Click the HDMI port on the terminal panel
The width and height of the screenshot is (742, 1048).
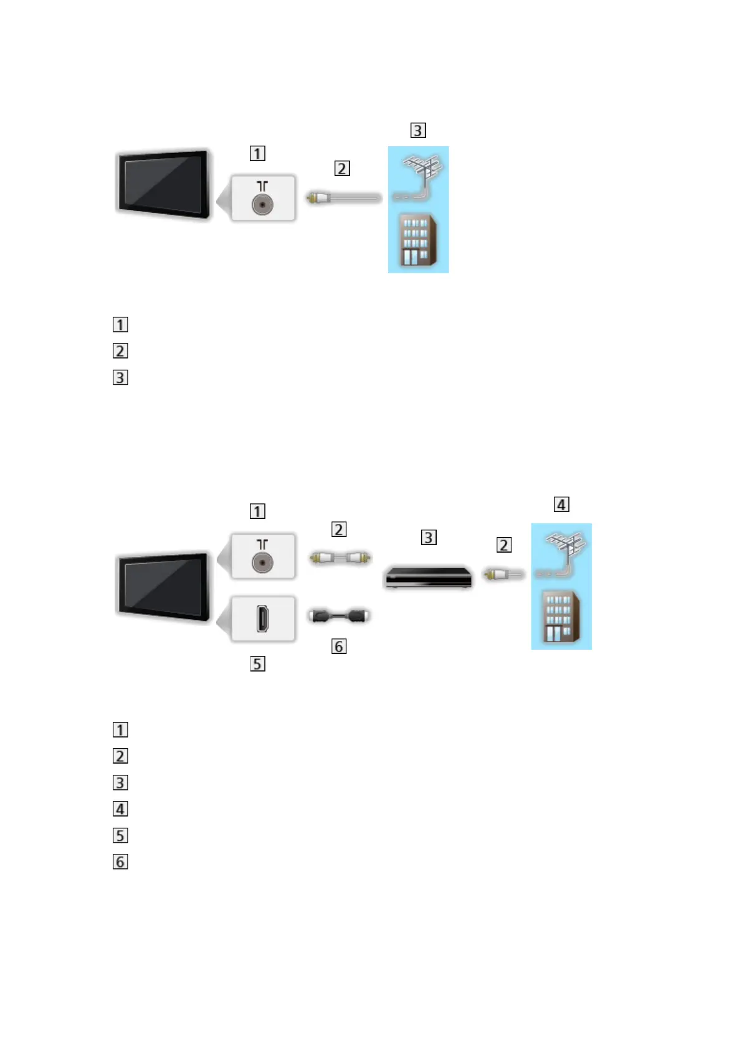click(263, 619)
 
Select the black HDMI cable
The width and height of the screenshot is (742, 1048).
click(340, 616)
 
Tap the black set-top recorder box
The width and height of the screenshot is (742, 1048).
click(427, 576)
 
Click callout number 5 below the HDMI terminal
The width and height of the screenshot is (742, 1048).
click(257, 664)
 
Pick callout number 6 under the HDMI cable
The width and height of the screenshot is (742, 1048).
click(339, 647)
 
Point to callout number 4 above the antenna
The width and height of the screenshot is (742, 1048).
click(561, 505)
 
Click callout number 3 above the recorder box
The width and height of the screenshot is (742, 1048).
click(429, 537)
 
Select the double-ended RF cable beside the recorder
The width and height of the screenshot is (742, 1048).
click(340, 558)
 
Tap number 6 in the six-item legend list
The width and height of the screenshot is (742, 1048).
click(120, 862)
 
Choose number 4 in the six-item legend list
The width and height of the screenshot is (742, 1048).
click(120, 809)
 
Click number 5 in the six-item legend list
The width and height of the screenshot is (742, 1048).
click(120, 836)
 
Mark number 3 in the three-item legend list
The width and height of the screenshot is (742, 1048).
click(120, 378)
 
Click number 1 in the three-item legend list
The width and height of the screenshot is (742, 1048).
click(120, 325)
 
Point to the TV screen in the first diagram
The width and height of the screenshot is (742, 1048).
click(163, 184)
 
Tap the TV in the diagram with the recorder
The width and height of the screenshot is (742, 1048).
click(163, 587)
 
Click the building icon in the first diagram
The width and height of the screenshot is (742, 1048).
click(417, 240)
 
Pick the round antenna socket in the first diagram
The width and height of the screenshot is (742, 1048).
click(262, 205)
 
